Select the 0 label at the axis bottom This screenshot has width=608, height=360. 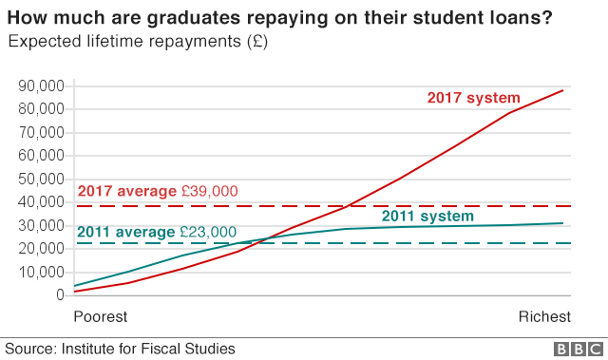(59, 294)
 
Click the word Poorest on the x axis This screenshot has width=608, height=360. (100, 316)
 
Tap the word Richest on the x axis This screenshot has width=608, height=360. (544, 316)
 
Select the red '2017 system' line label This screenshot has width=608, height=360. (473, 98)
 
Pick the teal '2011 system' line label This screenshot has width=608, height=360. (427, 217)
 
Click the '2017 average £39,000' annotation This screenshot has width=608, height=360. (157, 192)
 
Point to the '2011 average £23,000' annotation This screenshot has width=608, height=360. (156, 232)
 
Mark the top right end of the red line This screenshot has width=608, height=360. (563, 90)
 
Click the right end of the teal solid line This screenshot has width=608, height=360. (563, 223)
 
